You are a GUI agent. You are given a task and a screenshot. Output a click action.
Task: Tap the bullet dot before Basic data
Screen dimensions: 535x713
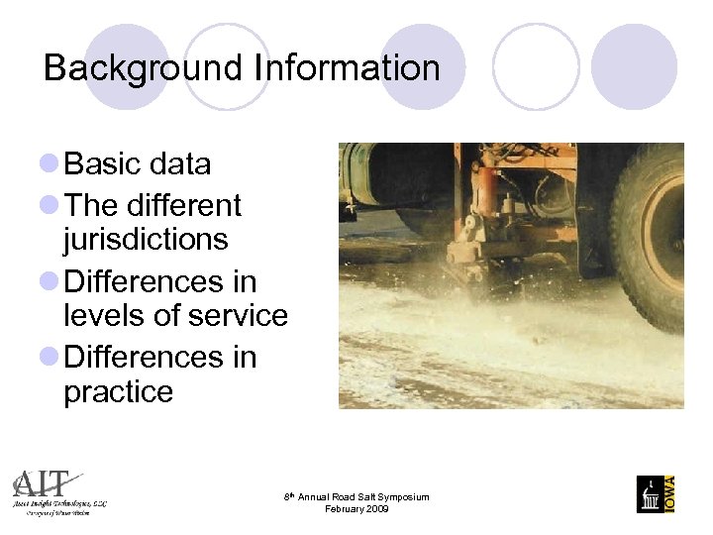tap(50, 163)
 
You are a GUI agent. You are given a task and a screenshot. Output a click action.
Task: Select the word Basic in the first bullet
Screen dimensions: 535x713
tap(104, 163)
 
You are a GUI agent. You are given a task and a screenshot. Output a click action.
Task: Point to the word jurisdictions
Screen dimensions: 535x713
tap(146, 240)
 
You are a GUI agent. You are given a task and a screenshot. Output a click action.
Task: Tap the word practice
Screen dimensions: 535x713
tap(118, 391)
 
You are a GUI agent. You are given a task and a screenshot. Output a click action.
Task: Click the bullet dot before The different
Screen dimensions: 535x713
tap(50, 205)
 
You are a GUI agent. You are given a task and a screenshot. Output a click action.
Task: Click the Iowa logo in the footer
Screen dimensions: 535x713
tap(656, 493)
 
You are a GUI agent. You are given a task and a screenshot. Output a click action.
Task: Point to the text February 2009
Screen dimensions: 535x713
tap(356, 509)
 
